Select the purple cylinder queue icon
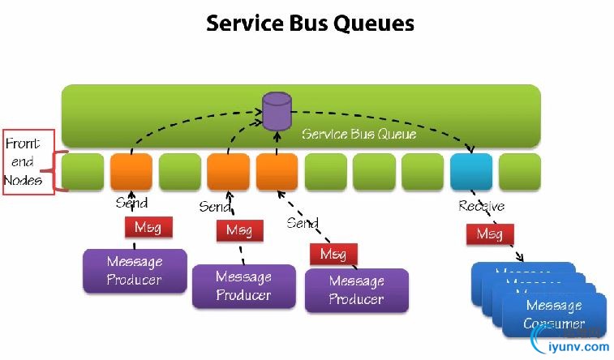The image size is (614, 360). point(277,112)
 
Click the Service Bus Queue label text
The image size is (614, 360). point(359,134)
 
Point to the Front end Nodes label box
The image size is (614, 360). point(28,161)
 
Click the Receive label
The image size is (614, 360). point(481,206)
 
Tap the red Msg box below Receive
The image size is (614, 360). point(489,234)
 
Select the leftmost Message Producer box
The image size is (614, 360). point(135,271)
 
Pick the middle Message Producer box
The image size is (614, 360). point(243,286)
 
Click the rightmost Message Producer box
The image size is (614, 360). point(356,290)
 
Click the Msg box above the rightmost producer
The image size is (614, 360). point(333,254)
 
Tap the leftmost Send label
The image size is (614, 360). point(131,202)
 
